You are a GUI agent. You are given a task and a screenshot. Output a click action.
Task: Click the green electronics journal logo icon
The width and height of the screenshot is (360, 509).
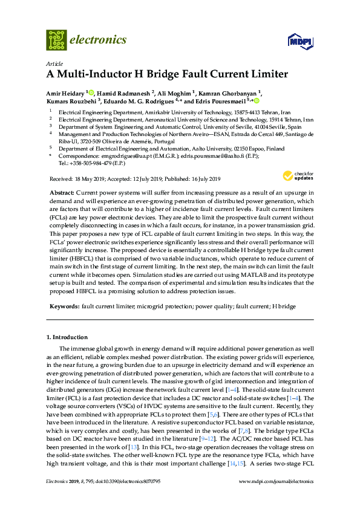pyautogui.click(x=57, y=40)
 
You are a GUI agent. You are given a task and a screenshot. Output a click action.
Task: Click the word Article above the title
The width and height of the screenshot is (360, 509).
pyautogui.click(x=54, y=63)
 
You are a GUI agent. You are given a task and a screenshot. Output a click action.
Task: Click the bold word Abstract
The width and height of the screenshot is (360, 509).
pyautogui.click(x=61, y=191)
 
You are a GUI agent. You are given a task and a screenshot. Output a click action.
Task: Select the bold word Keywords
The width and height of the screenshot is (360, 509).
pyautogui.click(x=63, y=306)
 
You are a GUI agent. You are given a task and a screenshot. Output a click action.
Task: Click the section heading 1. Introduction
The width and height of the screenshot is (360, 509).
pyautogui.click(x=67, y=337)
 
